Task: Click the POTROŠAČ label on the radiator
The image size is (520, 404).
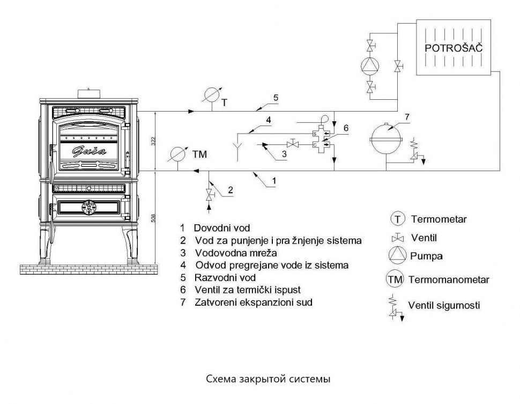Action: click(x=454, y=48)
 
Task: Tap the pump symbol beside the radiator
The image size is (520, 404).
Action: click(x=369, y=64)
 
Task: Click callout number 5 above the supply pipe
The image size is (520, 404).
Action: click(x=276, y=98)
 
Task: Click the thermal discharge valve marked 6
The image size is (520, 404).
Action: click(x=322, y=138)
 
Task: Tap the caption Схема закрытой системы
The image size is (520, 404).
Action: click(x=259, y=379)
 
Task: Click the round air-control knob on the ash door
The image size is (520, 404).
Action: click(x=88, y=207)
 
